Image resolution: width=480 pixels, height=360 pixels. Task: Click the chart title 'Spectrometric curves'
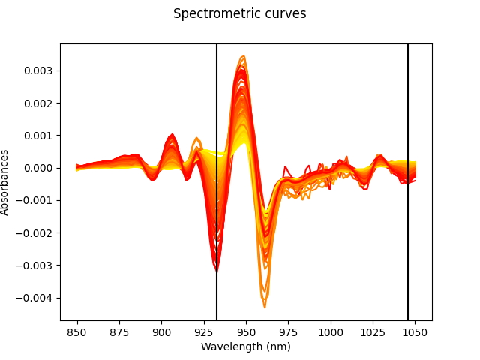pos(239,13)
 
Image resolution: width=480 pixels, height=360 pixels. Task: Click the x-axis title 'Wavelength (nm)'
pos(245,346)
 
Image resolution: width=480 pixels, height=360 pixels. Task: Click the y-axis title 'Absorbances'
pos(5,182)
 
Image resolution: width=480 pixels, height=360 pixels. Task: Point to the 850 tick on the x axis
pos(77,331)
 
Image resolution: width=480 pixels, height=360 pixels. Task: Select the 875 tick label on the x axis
pos(119,331)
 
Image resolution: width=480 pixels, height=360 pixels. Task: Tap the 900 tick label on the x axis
pos(161,331)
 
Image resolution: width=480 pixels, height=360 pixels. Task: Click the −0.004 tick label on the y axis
pos(38,298)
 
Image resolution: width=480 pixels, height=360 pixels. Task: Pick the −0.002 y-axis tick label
pos(38,232)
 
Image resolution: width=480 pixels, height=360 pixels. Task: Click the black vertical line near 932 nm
pos(217,112)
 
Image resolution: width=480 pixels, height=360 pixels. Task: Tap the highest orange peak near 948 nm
pos(242,56)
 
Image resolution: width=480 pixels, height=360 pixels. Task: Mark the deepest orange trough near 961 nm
pos(265,307)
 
